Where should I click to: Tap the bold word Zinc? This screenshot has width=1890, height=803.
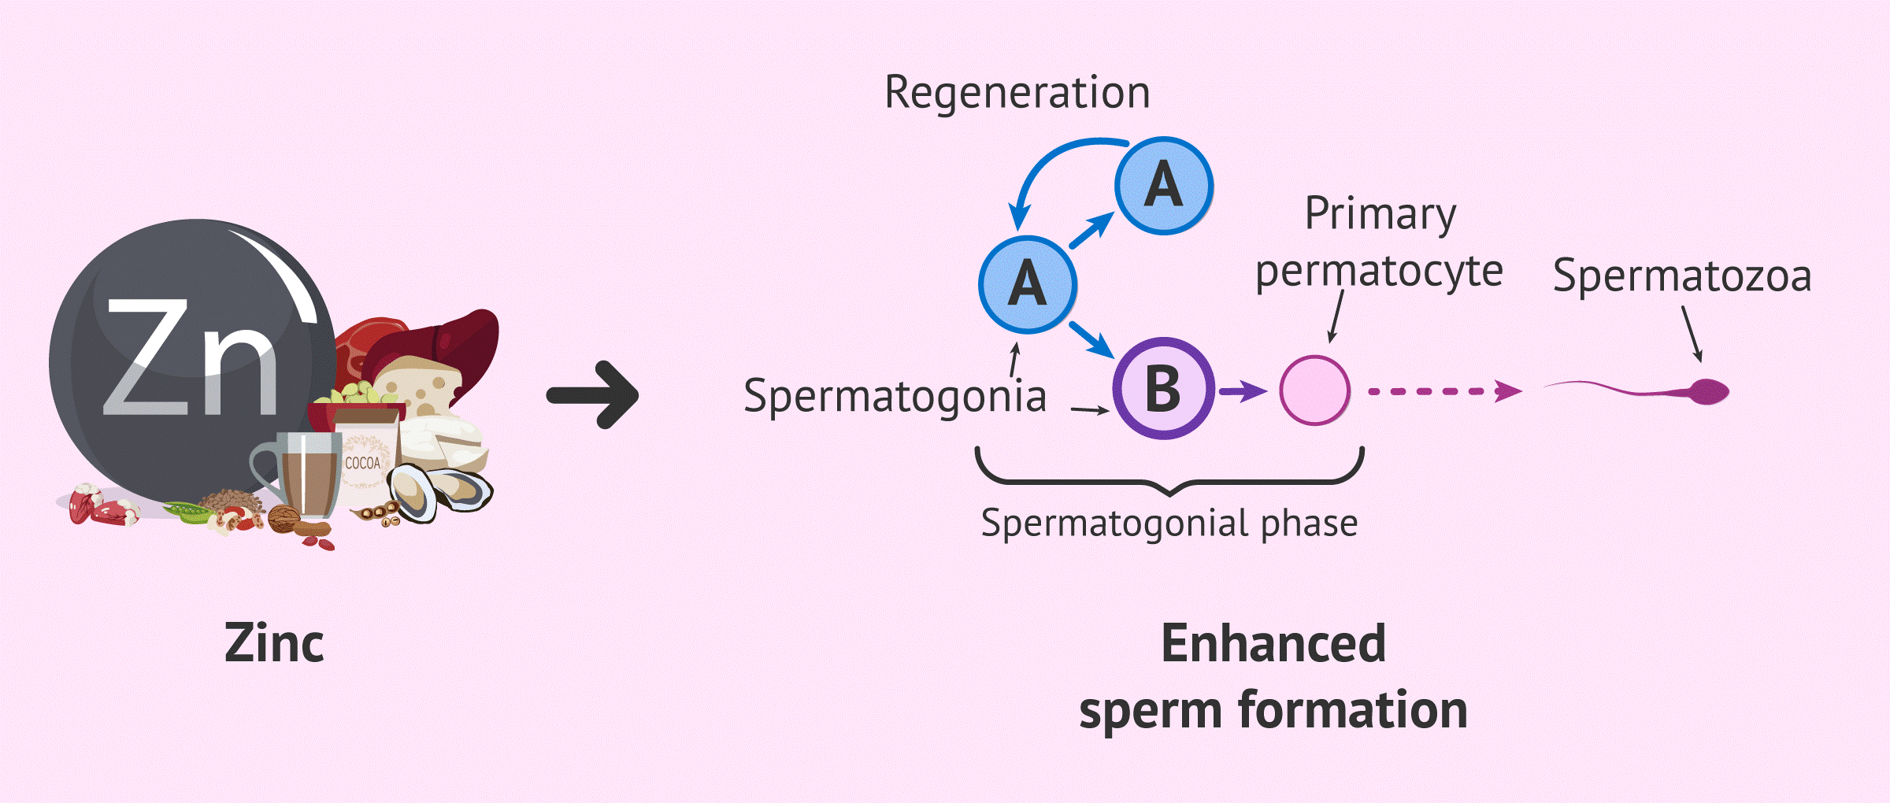[x=274, y=643]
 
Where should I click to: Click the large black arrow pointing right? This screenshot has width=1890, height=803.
[x=593, y=394]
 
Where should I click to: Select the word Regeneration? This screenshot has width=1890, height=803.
[x=1017, y=93]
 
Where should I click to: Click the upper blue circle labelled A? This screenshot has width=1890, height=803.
[x=1164, y=186]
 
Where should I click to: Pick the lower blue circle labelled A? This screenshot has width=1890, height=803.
[x=1028, y=284]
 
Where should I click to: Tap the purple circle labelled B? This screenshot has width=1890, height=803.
[x=1164, y=388]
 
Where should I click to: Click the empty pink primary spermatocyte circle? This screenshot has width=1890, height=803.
[x=1314, y=390]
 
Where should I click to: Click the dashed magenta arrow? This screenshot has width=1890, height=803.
[x=1445, y=391]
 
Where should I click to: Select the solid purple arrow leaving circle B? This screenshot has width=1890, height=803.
[x=1243, y=390]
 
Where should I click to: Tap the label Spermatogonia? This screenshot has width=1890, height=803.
[x=895, y=396]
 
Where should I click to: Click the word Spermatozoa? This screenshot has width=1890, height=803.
[x=1682, y=276]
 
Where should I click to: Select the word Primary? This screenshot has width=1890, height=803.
[x=1380, y=213]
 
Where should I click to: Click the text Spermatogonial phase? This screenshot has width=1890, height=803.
[x=1169, y=524]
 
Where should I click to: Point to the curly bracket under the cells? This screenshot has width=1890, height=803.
[x=1170, y=481]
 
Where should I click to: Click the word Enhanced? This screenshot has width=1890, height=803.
[x=1273, y=643]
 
